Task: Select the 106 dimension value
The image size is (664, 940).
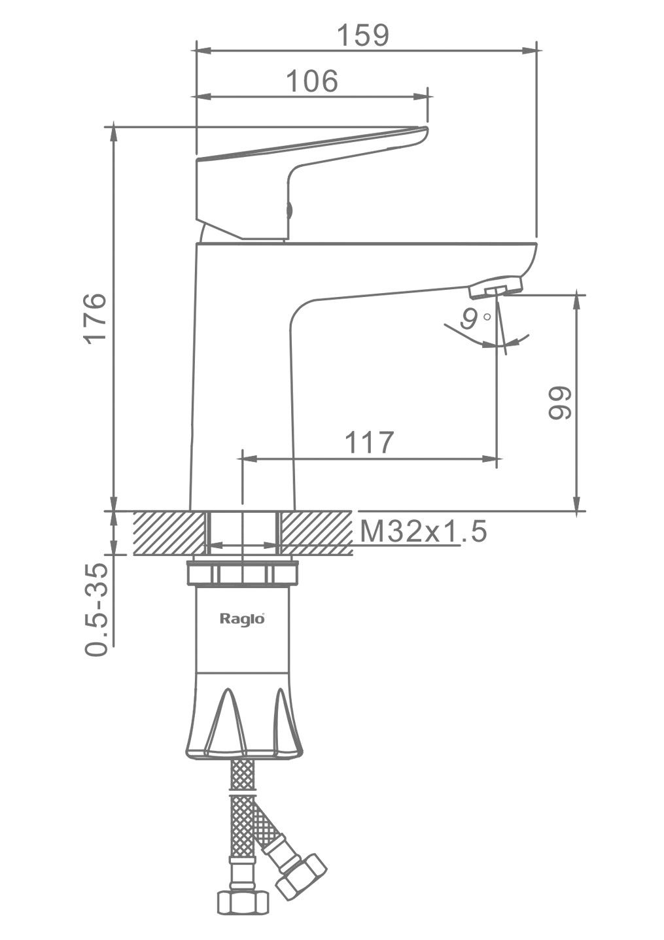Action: [312, 81]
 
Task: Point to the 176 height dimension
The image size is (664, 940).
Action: [95, 319]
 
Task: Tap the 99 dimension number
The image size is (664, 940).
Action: [561, 402]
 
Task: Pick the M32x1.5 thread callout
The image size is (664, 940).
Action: [423, 531]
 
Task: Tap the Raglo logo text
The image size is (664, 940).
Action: [242, 619]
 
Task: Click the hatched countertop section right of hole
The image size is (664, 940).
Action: [317, 533]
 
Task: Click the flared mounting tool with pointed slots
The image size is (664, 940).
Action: [243, 718]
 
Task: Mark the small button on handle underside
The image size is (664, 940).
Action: [288, 210]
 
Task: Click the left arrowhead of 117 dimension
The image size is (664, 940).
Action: [251, 459]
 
